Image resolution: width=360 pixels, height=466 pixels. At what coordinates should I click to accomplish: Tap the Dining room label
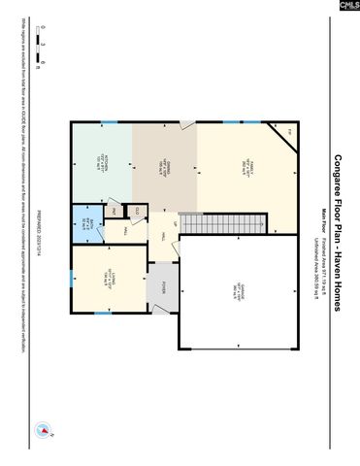(164, 165)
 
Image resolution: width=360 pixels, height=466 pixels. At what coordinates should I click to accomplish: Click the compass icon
(43, 429)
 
